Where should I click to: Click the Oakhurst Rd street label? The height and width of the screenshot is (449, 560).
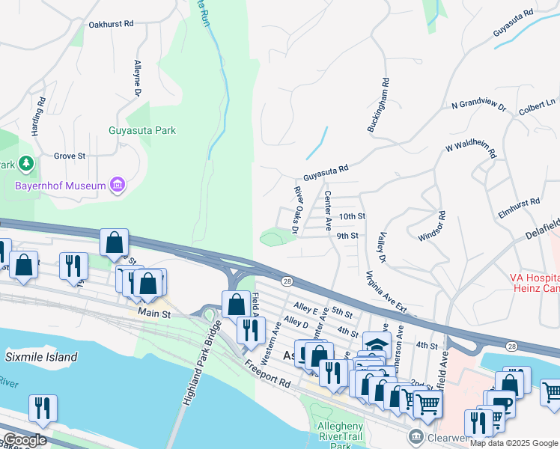point(111,24)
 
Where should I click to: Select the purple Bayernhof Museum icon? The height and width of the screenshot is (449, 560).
point(117,184)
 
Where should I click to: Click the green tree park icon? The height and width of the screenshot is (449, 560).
point(26,163)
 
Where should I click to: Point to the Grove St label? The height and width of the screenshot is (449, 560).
point(70,156)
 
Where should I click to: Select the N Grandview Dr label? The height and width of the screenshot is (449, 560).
point(478,106)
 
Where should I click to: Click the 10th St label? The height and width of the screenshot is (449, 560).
point(351,216)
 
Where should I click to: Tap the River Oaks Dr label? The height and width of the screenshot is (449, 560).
point(296,210)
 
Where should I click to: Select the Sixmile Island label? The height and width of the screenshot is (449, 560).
point(41,357)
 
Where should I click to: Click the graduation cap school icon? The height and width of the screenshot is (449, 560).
point(377,345)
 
